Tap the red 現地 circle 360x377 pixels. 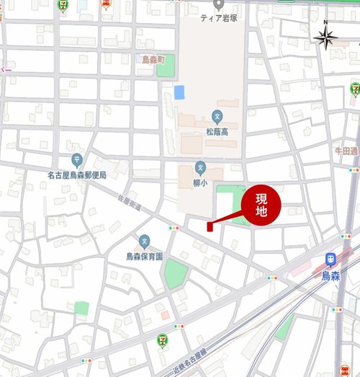pyautogui.click(x=261, y=205)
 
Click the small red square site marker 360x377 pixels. pyautogui.click(x=209, y=227)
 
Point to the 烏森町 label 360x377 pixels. pyautogui.click(x=153, y=58)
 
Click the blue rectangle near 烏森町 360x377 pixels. pyautogui.click(x=179, y=92)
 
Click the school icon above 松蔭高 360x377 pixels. pyautogui.click(x=217, y=116)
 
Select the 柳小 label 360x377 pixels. pyautogui.click(x=201, y=183)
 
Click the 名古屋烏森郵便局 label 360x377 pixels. pyautogui.click(x=77, y=175)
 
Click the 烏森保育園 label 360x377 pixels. pyautogui.click(x=145, y=256)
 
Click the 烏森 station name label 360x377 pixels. pyautogui.click(x=330, y=275)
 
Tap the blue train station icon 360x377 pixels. pyautogui.click(x=330, y=260)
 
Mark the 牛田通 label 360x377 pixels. pyautogui.click(x=346, y=151)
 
